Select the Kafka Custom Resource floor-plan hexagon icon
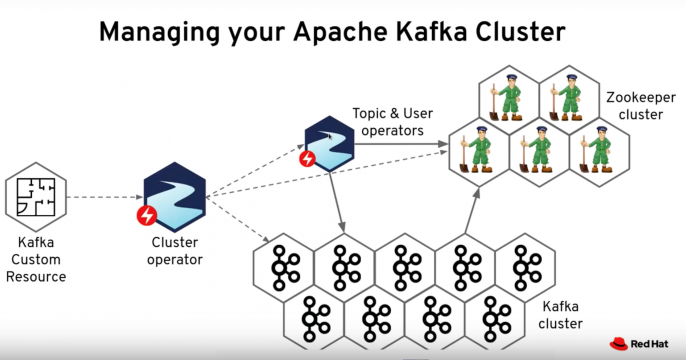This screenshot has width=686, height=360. click(x=35, y=197)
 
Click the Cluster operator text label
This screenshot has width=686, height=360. click(x=174, y=250)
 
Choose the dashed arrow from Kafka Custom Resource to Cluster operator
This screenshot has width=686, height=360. click(x=100, y=197)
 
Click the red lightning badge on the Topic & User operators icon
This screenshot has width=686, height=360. click(x=307, y=158)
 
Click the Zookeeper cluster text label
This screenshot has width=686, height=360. click(x=635, y=107)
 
